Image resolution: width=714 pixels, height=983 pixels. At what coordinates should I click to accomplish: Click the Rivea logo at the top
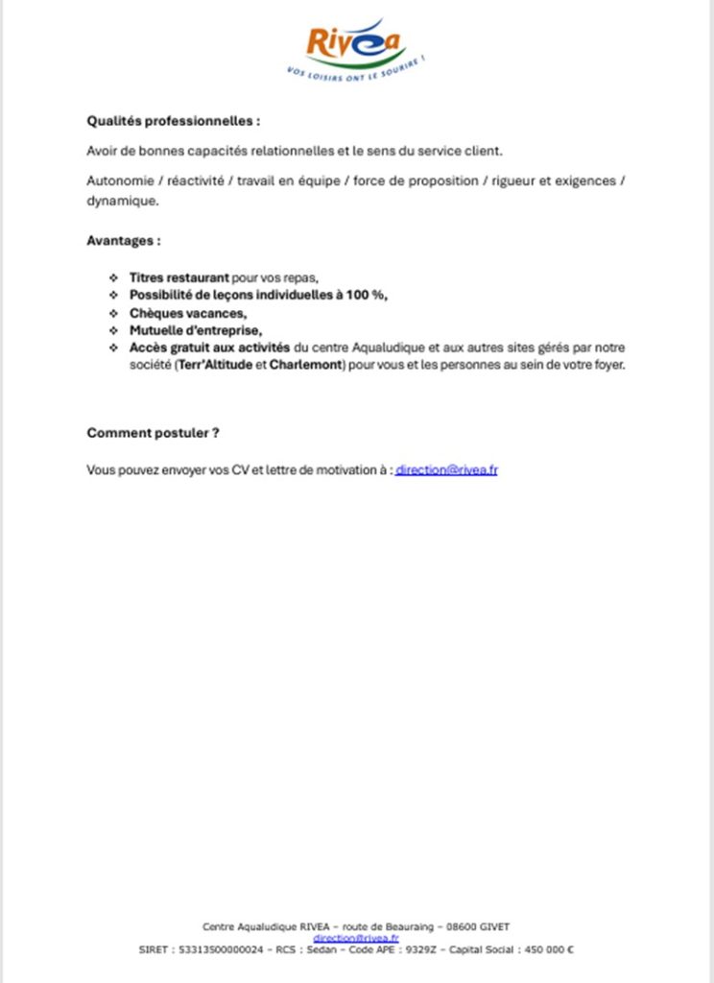coord(356,45)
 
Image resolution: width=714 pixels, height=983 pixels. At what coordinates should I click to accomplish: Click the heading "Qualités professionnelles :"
coord(174,122)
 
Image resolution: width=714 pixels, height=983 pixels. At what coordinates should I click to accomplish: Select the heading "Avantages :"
coord(124,239)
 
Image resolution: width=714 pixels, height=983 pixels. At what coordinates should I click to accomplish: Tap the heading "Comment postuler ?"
coord(154,433)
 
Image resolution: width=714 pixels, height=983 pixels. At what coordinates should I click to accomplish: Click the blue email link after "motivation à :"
coord(446,470)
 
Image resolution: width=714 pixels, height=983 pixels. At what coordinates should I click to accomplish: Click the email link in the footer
coord(356,938)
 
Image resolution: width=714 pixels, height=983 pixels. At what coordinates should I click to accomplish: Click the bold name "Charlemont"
coord(307,365)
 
